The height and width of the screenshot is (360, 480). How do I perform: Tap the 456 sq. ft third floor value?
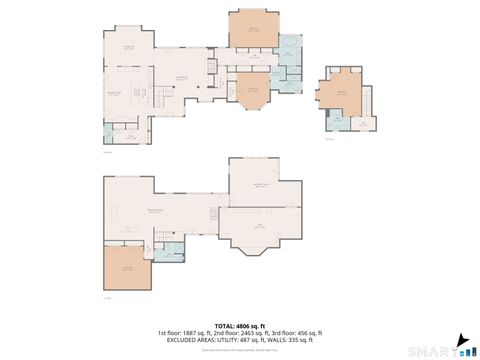306,332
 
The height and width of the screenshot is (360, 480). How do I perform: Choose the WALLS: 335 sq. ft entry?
290,339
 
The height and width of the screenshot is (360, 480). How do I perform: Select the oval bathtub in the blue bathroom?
290,47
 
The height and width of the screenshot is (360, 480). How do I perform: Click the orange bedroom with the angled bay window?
253,91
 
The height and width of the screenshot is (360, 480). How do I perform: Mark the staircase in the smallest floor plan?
368,100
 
